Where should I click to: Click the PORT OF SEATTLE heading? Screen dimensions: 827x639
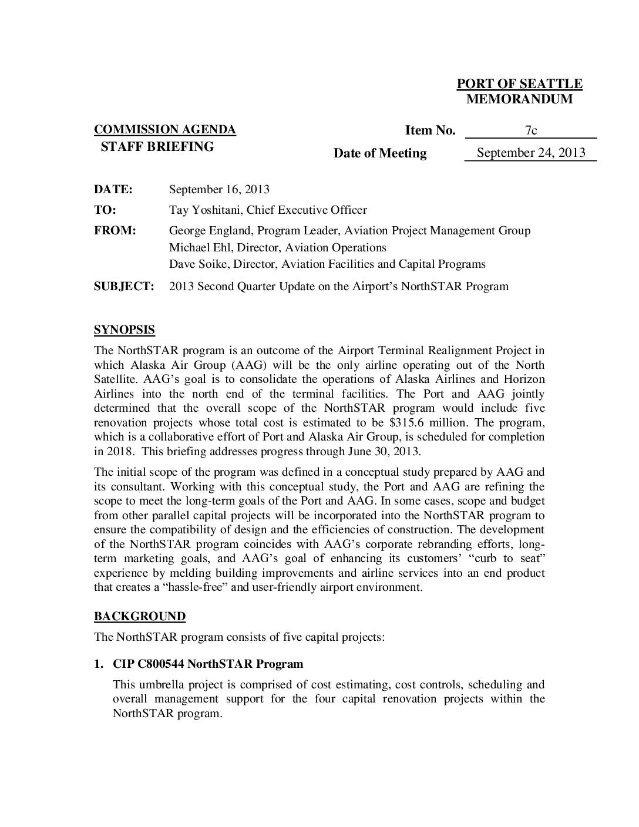click(x=519, y=84)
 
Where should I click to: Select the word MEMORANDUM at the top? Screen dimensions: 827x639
click(x=519, y=99)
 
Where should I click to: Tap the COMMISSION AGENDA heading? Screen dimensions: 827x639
click(x=165, y=130)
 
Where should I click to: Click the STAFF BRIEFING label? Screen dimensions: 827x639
click(x=157, y=147)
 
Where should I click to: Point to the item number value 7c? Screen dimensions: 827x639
click(x=530, y=131)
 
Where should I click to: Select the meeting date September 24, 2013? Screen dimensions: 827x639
click(x=530, y=153)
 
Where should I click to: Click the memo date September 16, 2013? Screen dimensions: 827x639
click(x=219, y=189)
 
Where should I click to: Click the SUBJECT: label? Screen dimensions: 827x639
click(x=124, y=287)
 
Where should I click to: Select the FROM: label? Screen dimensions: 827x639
click(x=115, y=231)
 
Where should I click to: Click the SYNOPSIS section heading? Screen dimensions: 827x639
click(x=125, y=330)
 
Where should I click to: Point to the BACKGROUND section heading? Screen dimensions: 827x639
click(x=140, y=616)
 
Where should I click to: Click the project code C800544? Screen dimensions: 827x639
click(x=161, y=664)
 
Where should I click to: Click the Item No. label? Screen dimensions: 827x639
click(x=430, y=130)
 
